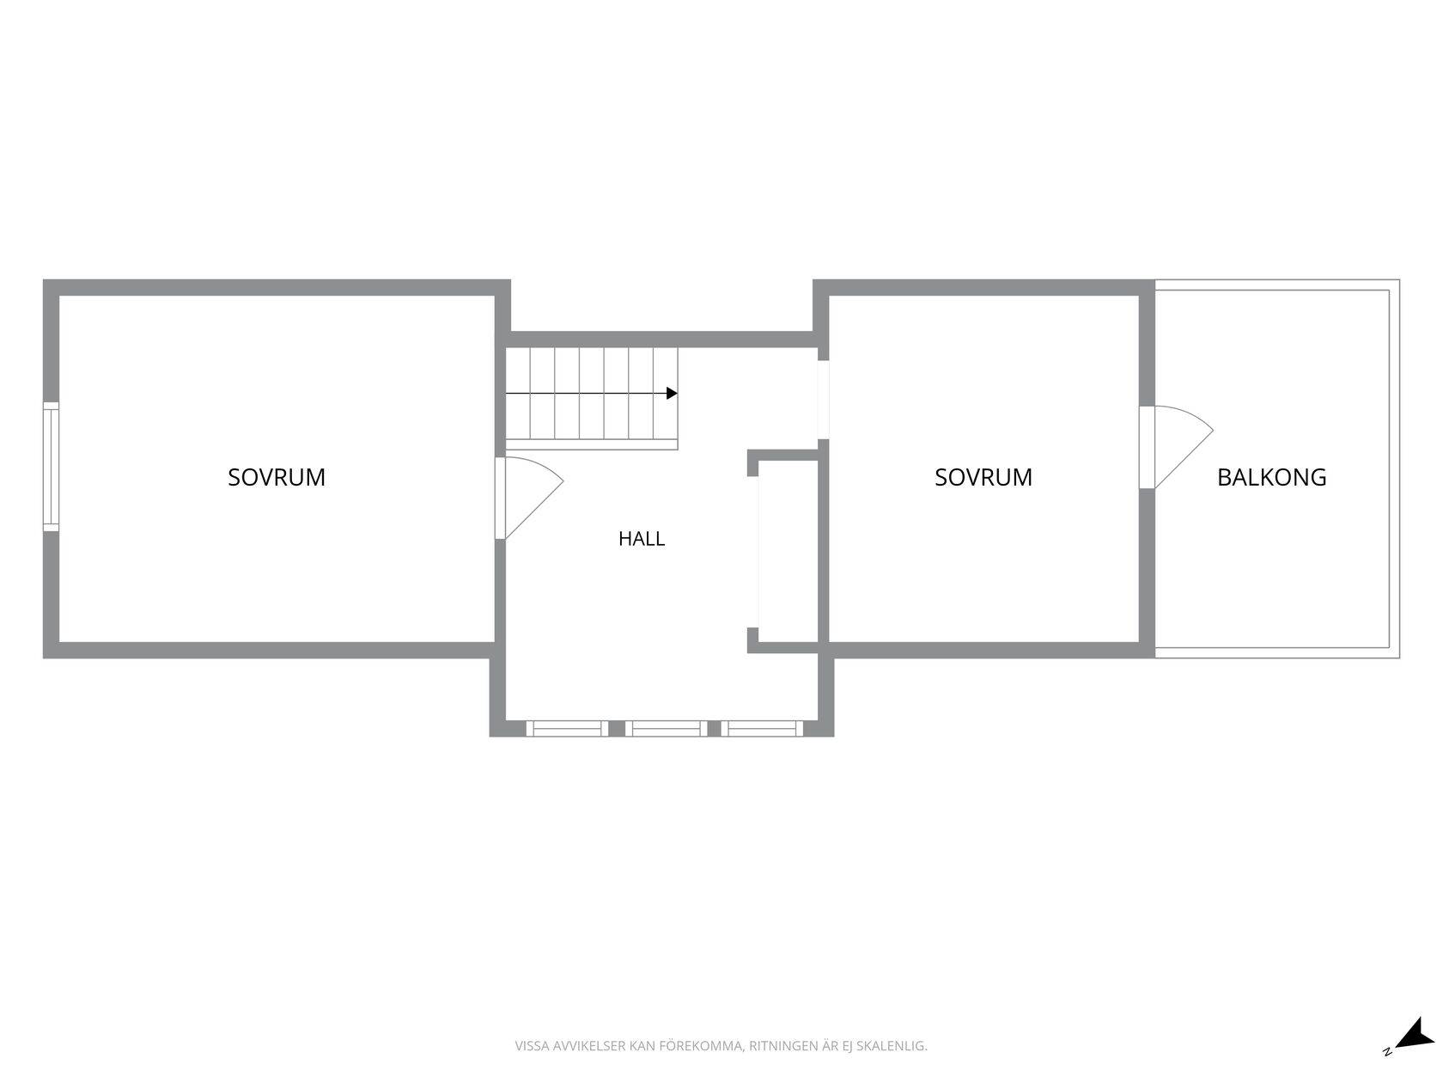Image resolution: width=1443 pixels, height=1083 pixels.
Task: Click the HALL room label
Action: click(641, 539)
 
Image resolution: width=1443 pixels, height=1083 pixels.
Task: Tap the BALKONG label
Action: click(1271, 477)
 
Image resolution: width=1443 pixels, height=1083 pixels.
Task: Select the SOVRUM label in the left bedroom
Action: click(276, 477)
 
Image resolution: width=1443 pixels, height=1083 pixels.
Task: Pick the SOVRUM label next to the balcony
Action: click(983, 477)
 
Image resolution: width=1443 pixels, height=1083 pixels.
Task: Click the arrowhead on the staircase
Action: click(672, 393)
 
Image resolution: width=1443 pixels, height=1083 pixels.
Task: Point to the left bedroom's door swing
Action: click(533, 498)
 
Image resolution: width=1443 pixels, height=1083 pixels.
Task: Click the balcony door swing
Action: click(1184, 447)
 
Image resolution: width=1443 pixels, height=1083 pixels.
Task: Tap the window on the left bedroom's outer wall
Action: click(51, 466)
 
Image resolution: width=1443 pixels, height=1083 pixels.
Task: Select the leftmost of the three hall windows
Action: click(567, 728)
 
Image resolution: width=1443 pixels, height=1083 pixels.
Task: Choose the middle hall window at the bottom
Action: click(666, 728)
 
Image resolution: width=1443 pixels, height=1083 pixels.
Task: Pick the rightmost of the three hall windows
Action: click(762, 728)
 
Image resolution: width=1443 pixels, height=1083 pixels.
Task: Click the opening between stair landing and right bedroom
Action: click(823, 400)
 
